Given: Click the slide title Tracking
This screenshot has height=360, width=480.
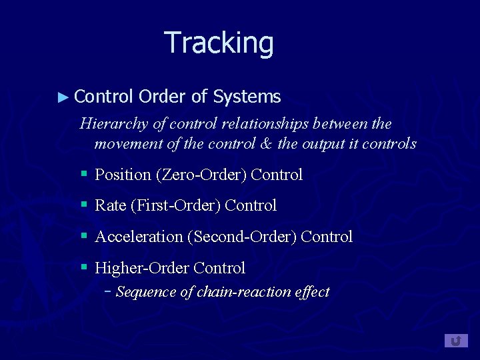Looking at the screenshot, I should coord(219,43).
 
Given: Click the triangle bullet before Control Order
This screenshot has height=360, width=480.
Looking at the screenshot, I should coord(63,97).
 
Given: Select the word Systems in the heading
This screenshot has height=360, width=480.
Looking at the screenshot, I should coord(247,97).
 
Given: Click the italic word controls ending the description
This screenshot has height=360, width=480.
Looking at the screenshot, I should coord(394,143).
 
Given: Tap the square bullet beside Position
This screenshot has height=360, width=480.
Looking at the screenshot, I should coord(84,174).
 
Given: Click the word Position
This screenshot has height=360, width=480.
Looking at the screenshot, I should coord(123,175).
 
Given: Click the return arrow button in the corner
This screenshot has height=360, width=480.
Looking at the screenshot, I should coord(456,341).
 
